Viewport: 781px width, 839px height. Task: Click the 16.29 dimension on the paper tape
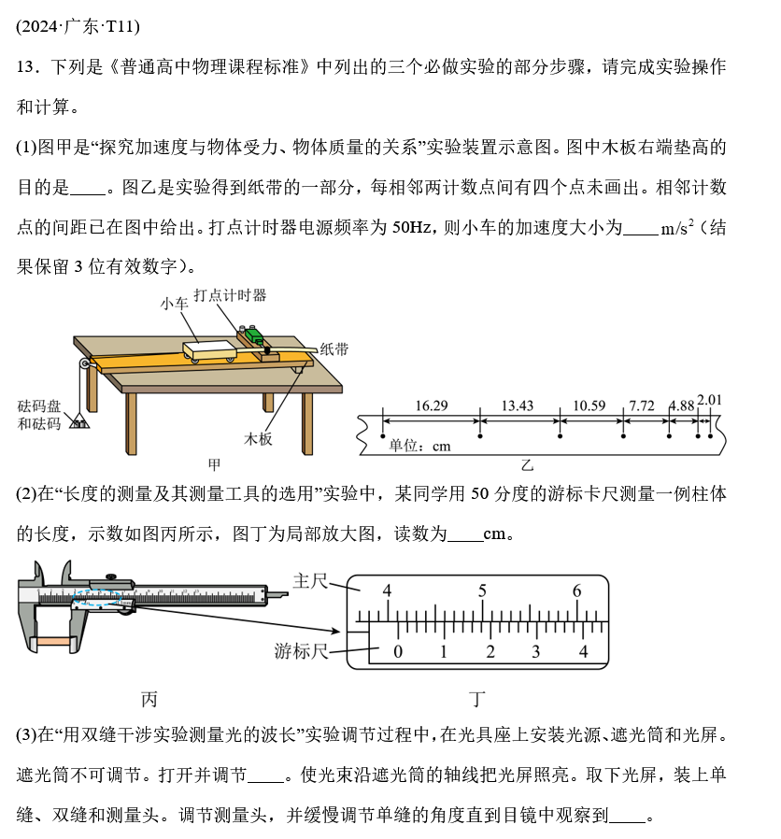(431, 405)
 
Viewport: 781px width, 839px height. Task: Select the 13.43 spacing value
(518, 405)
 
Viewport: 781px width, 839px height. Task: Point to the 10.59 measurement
(589, 405)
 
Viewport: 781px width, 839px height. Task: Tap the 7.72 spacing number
(642, 405)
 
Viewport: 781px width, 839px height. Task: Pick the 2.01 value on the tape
(710, 401)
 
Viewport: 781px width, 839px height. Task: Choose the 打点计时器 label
(236, 295)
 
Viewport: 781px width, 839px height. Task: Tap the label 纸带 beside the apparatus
(334, 348)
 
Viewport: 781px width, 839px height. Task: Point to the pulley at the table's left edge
(86, 364)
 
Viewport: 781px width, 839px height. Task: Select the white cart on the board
(211, 348)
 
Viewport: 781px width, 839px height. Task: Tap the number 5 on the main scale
(482, 590)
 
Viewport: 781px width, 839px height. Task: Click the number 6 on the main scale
(577, 590)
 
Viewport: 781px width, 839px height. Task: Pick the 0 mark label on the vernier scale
(398, 651)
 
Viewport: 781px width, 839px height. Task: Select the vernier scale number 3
(536, 651)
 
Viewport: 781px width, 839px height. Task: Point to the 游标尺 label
(301, 650)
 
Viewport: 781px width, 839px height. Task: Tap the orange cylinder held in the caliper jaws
(47, 643)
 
